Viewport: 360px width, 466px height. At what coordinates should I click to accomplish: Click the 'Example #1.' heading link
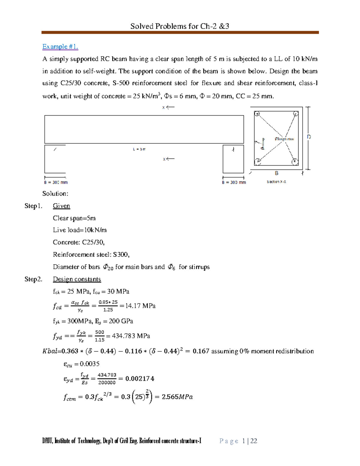click(60, 47)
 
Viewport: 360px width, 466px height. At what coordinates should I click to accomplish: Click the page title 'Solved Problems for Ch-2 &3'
click(180, 26)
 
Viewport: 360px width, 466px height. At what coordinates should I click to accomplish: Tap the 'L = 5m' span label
click(139, 149)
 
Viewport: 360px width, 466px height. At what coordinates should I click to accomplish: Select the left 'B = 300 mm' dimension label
click(56, 182)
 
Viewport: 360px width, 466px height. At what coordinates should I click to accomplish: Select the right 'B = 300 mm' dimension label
click(234, 182)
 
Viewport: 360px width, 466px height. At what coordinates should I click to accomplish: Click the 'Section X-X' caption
click(276, 182)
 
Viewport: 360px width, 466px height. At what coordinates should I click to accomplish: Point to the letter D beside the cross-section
click(309, 137)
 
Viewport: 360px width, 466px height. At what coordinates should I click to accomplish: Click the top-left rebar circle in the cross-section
click(257, 114)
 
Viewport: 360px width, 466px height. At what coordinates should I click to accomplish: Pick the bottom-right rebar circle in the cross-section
click(295, 162)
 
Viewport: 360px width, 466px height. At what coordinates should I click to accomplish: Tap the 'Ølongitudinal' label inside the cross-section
click(284, 139)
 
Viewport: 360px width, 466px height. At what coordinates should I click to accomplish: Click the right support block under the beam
click(233, 159)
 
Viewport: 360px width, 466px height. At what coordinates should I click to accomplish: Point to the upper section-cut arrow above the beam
click(169, 107)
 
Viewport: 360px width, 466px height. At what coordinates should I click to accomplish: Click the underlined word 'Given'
click(61, 206)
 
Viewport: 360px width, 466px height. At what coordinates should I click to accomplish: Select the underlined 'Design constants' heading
click(77, 279)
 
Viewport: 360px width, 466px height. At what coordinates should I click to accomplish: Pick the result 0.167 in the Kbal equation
click(201, 351)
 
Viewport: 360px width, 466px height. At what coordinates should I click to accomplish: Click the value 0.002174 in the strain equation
click(140, 379)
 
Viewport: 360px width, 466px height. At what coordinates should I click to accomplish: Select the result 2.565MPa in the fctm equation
click(177, 397)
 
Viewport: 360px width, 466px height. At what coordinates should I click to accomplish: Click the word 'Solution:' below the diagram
click(55, 194)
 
